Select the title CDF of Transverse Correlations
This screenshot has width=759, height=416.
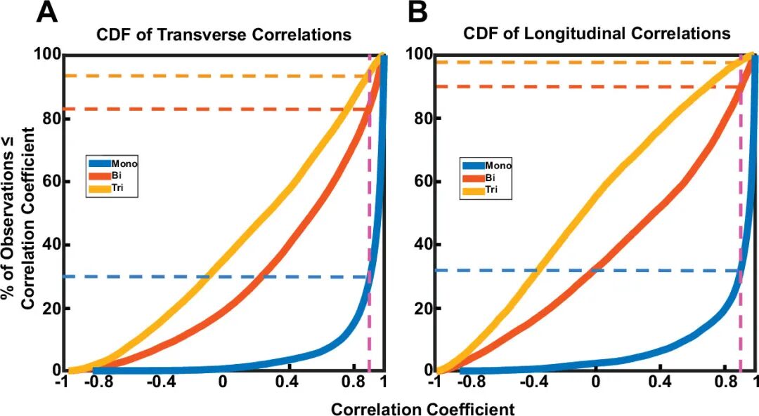tap(224, 34)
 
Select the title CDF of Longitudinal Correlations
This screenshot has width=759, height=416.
tap(596, 34)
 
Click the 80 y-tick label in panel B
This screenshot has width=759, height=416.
tap(421, 119)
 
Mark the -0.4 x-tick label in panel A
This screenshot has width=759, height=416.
tap(155, 382)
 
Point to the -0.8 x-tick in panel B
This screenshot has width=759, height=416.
tap(469, 382)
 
